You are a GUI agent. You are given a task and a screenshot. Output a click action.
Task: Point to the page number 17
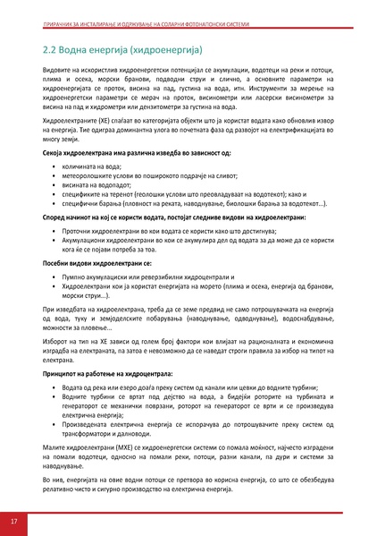point(14,521)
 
